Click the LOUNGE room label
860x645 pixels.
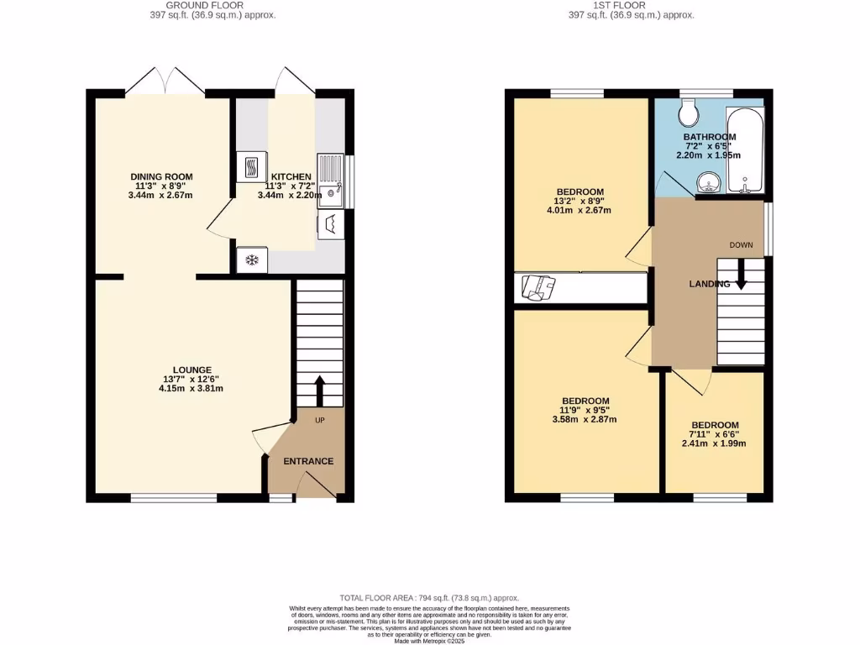[x=192, y=370]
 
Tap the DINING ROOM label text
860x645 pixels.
[x=161, y=176]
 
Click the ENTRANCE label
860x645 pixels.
[x=307, y=461]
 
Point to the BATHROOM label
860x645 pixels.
[x=710, y=136]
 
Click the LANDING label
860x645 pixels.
[x=710, y=284]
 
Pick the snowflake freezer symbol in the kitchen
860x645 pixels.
[x=251, y=260]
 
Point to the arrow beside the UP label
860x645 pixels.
[x=320, y=391]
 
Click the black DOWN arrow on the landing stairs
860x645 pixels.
[x=741, y=275]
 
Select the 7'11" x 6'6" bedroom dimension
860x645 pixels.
[x=715, y=434]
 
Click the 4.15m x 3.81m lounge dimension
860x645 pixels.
[x=192, y=389]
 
